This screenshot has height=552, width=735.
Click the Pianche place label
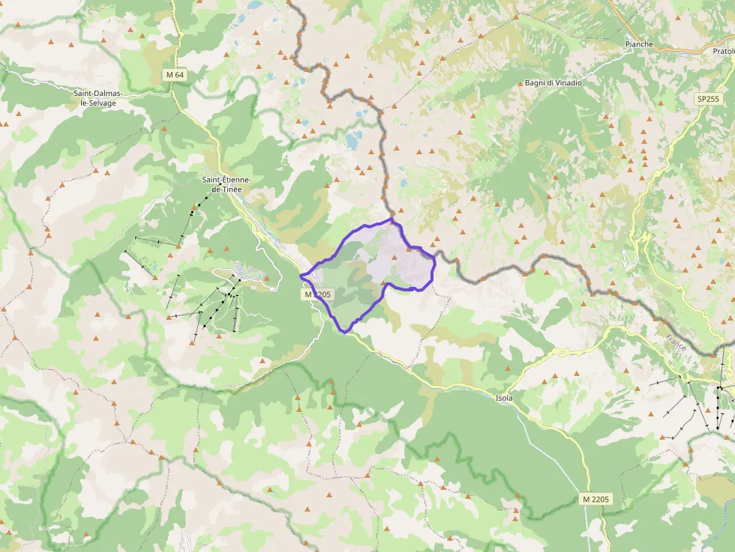point(639,44)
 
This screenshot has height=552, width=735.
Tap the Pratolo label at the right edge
point(721,50)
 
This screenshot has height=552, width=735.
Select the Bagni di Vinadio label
point(553,82)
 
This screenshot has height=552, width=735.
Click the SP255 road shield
point(706,98)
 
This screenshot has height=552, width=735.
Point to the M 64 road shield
point(174,75)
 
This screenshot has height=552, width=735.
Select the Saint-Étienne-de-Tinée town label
point(226,184)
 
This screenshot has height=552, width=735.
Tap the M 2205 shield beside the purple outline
point(318,295)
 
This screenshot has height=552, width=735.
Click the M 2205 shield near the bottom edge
point(596,499)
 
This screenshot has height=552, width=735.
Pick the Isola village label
point(504,398)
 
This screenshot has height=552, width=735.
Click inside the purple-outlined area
point(367,270)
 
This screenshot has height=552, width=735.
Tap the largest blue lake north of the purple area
point(352,139)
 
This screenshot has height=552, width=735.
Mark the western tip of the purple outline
point(301,276)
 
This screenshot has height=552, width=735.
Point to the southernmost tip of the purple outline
point(345,331)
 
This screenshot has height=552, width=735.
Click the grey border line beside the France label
point(660,318)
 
